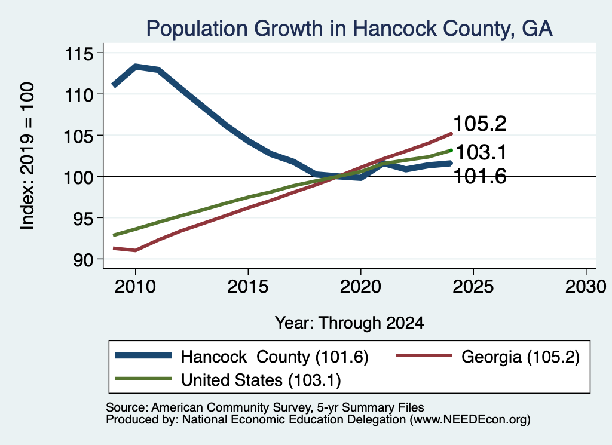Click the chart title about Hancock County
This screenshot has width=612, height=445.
pyautogui.click(x=349, y=29)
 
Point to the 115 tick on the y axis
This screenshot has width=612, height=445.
pyautogui.click(x=79, y=54)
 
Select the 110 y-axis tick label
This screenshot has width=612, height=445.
pyautogui.click(x=79, y=95)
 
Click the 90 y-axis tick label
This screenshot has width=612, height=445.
pyautogui.click(x=84, y=260)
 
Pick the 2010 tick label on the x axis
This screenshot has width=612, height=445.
pyautogui.click(x=136, y=287)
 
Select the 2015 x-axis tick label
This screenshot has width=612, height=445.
pyautogui.click(x=248, y=287)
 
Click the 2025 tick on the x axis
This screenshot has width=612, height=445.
pyautogui.click(x=473, y=287)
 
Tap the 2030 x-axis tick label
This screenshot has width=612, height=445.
pyautogui.click(x=586, y=287)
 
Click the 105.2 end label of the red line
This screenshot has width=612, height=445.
pyautogui.click(x=480, y=124)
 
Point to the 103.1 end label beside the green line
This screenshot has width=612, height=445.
pyautogui.click(x=481, y=152)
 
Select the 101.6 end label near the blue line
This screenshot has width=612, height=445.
pyautogui.click(x=480, y=176)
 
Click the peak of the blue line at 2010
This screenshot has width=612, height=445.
pyautogui.click(x=136, y=66)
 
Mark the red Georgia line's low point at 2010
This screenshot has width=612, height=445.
pyautogui.click(x=136, y=250)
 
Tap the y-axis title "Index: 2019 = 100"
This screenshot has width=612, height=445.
pyautogui.click(x=27, y=156)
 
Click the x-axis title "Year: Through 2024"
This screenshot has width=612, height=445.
pyautogui.click(x=349, y=323)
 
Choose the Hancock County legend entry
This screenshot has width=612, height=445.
pyautogui.click(x=242, y=357)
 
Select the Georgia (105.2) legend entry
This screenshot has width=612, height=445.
pyautogui.click(x=488, y=357)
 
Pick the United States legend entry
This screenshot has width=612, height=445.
pyautogui.click(x=228, y=379)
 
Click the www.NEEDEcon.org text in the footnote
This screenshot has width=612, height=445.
pyautogui.click(x=470, y=420)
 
